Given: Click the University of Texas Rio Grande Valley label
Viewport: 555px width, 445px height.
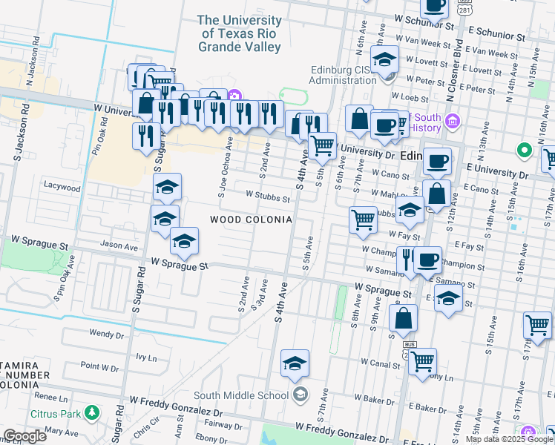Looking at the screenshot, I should point(240,33).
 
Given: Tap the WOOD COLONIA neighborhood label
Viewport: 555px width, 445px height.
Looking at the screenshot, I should point(250,220).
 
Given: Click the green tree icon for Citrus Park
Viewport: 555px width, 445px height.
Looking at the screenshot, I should point(91,412).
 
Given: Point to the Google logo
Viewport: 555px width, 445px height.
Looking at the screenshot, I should point(24,436).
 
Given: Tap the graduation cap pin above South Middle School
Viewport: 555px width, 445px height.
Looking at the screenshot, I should point(295,363).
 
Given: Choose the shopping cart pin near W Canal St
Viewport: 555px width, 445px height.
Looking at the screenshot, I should point(422,362).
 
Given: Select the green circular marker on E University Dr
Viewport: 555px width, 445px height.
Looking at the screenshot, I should point(525,151).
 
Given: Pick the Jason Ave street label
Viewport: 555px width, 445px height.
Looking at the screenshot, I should point(119,245).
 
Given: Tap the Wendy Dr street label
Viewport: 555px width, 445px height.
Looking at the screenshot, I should point(105,334).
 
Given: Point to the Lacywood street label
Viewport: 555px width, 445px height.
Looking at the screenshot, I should point(62,188).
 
